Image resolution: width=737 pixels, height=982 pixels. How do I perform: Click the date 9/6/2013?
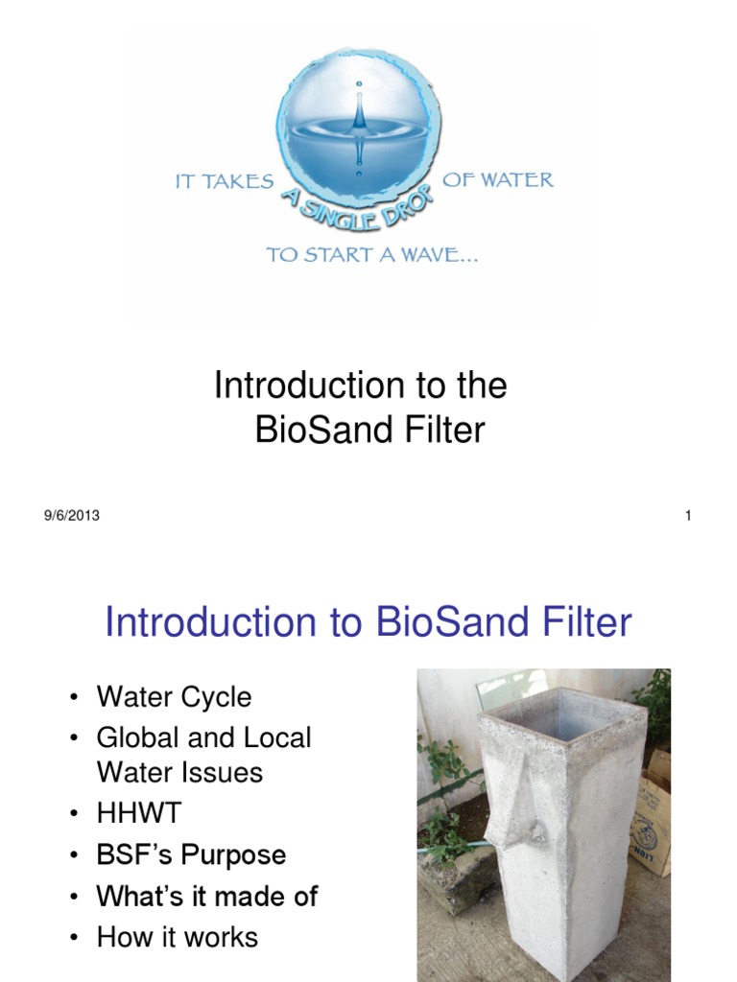(71, 516)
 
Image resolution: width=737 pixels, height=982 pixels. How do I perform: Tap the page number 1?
(688, 516)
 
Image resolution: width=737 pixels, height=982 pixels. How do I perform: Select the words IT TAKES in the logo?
(225, 181)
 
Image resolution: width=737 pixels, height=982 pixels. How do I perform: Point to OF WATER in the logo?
(497, 179)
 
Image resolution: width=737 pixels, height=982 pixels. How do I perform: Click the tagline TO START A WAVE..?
(373, 256)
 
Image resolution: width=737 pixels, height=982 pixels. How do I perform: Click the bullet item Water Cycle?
(174, 697)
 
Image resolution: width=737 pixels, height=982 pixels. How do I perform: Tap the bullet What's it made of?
(207, 896)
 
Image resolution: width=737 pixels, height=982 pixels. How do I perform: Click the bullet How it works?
(178, 936)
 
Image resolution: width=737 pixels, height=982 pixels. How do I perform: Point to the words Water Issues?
(179, 773)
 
